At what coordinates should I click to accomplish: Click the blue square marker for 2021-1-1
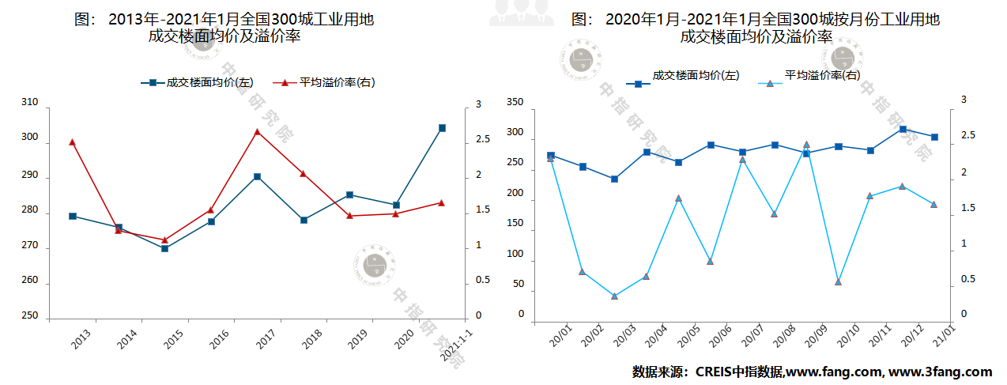tap(442, 128)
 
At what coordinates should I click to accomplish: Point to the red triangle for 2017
tap(257, 132)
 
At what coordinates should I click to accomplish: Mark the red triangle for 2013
tap(72, 142)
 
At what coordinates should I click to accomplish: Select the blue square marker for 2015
tap(164, 248)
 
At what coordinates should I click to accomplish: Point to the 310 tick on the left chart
tap(29, 102)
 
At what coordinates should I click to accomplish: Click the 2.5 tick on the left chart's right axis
tap(480, 139)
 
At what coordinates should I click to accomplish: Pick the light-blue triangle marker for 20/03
tap(614, 296)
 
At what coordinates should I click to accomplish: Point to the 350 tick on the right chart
tap(515, 103)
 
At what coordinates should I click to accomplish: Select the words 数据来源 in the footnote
tap(658, 372)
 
